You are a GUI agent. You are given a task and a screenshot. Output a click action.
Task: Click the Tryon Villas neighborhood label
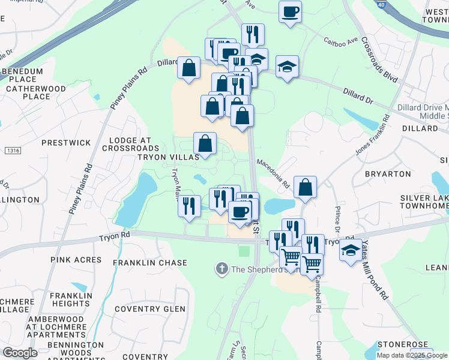(x=168, y=157)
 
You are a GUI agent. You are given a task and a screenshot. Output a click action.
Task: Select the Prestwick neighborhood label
(x=66, y=143)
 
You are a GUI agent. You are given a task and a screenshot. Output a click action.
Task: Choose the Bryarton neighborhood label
(x=388, y=173)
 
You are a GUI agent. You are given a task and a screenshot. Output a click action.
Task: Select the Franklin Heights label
(x=70, y=299)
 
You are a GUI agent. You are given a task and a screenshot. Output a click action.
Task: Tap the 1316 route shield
(x=11, y=150)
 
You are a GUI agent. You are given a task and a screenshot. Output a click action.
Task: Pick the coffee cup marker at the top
(x=290, y=12)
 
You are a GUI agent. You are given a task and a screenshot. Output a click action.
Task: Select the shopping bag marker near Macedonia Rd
(x=306, y=187)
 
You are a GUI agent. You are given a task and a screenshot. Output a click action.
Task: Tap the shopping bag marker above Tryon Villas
(x=205, y=143)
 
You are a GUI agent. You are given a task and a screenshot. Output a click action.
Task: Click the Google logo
(x=20, y=352)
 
